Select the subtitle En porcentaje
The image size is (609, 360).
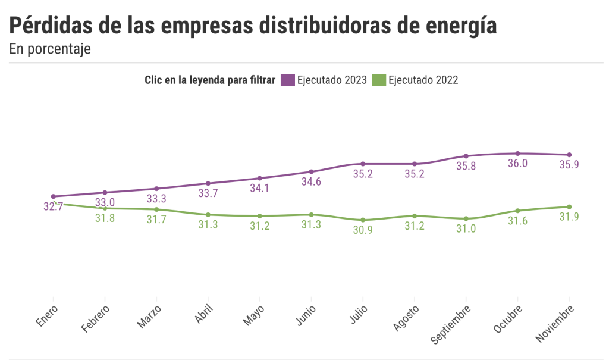(x=50, y=49)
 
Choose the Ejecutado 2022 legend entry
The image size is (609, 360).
(x=415, y=80)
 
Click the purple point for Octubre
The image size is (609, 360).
(x=518, y=154)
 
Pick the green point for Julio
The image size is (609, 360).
(x=363, y=220)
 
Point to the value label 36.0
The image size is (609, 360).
(x=517, y=164)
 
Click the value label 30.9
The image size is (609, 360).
(x=363, y=230)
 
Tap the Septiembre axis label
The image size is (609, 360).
(x=453, y=325)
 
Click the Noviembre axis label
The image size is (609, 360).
(x=557, y=324)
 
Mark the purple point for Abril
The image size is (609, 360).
(x=208, y=183)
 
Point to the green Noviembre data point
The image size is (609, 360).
(x=570, y=207)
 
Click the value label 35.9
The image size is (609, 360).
(x=569, y=165)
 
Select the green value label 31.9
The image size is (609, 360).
(x=569, y=217)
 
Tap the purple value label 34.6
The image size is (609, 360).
(x=311, y=182)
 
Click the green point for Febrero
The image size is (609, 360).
(x=105, y=208)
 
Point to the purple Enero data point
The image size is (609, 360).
(x=54, y=196)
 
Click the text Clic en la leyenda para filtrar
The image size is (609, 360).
(x=210, y=80)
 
